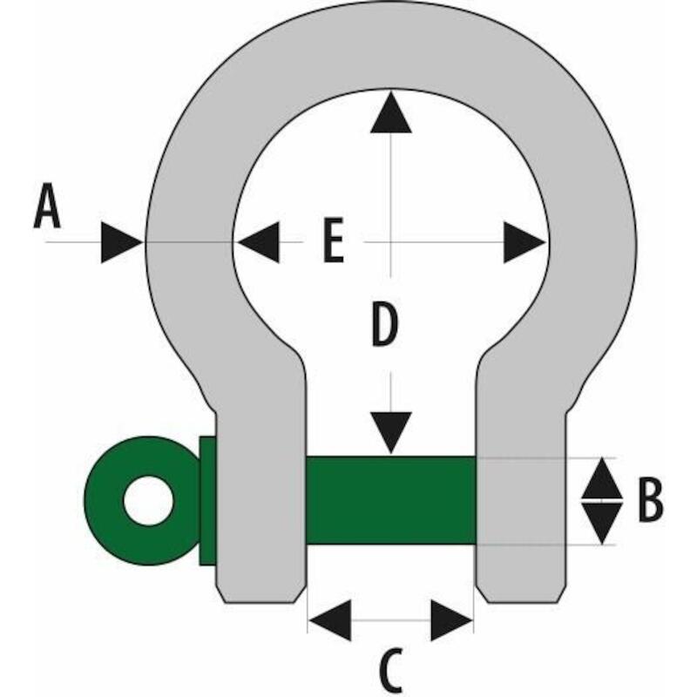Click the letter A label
pyautogui.click(x=47, y=206)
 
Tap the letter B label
pyautogui.click(x=650, y=499)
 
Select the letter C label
pyautogui.click(x=391, y=671)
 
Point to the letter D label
pyautogui.click(x=384, y=323)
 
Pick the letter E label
pyautogui.click(x=334, y=240)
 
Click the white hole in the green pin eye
pyautogui.click(x=148, y=500)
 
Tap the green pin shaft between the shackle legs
pyautogui.click(x=391, y=500)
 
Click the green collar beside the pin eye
pyautogui.click(x=207, y=500)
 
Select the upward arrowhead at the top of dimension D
pyautogui.click(x=391, y=112)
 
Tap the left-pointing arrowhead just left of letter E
pyautogui.click(x=259, y=242)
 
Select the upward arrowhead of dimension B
pyautogui.click(x=602, y=478)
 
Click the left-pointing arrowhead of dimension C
pyautogui.click(x=330, y=620)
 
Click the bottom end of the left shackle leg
pyautogui.click(x=261, y=602)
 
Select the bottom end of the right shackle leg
pyautogui.click(x=522, y=602)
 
